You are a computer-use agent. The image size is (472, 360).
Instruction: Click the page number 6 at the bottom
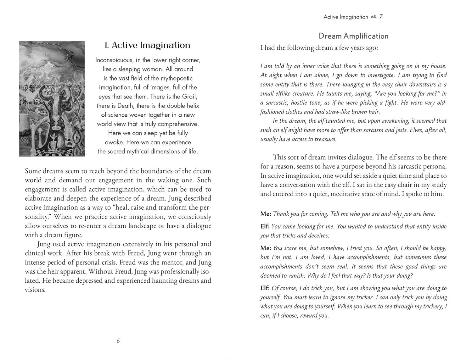point(118,341)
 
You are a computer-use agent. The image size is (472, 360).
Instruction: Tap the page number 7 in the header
point(381,17)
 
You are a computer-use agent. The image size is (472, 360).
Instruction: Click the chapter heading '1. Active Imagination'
point(147,45)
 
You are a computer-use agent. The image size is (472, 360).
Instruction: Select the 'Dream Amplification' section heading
point(353,36)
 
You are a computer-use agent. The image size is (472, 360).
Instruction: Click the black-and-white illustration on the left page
point(52,98)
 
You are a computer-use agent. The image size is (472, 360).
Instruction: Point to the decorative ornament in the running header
point(374,17)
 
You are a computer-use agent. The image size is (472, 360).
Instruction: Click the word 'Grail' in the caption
point(189,97)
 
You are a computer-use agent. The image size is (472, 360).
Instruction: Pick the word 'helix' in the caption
point(191,106)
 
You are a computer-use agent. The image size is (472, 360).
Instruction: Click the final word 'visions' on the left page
point(34,290)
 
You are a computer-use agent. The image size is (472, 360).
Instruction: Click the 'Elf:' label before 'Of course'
point(265,288)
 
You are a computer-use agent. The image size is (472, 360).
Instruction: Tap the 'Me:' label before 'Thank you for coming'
point(266,214)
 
